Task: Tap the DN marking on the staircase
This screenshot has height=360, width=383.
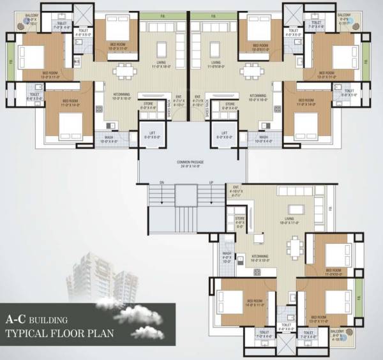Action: pos(162,183)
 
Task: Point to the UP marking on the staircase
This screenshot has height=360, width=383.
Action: pos(211,183)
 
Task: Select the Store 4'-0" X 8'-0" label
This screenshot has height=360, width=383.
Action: pos(239,221)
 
